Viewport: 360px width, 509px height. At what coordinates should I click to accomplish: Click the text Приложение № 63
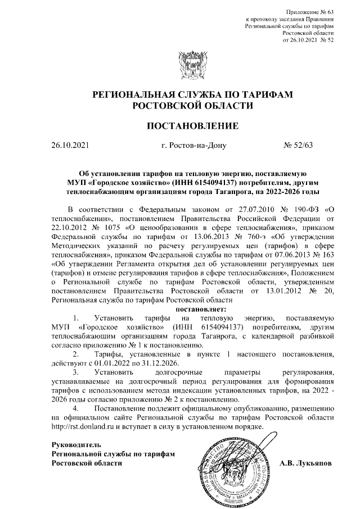[310, 12]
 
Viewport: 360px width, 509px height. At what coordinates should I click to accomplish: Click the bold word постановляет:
[201, 309]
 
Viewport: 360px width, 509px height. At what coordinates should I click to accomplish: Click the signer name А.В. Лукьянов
[305, 463]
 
